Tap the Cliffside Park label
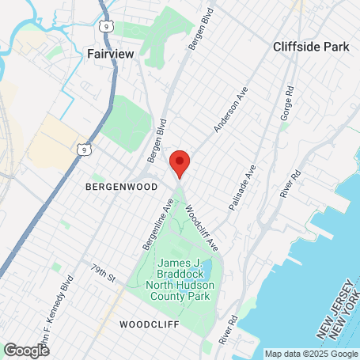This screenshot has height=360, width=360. (x=311, y=47)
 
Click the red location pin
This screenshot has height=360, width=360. (x=180, y=164)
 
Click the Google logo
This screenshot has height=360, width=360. (x=26, y=350)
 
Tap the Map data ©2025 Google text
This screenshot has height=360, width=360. (x=310, y=354)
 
